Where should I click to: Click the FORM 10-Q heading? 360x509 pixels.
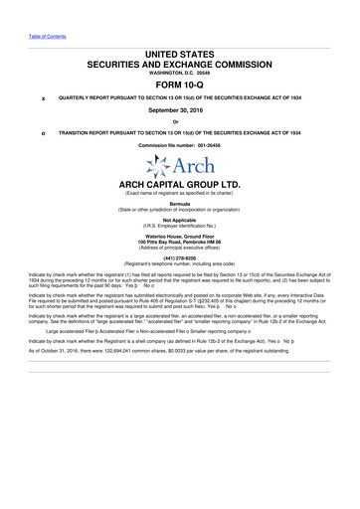[x=180, y=83]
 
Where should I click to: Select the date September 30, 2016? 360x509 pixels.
[x=180, y=113]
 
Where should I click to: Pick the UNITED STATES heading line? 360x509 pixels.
[x=180, y=48]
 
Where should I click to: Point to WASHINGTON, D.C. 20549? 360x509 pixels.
[x=180, y=70]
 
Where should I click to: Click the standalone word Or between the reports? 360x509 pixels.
[x=180, y=123]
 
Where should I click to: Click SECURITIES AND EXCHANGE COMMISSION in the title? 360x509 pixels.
[x=180, y=59]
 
